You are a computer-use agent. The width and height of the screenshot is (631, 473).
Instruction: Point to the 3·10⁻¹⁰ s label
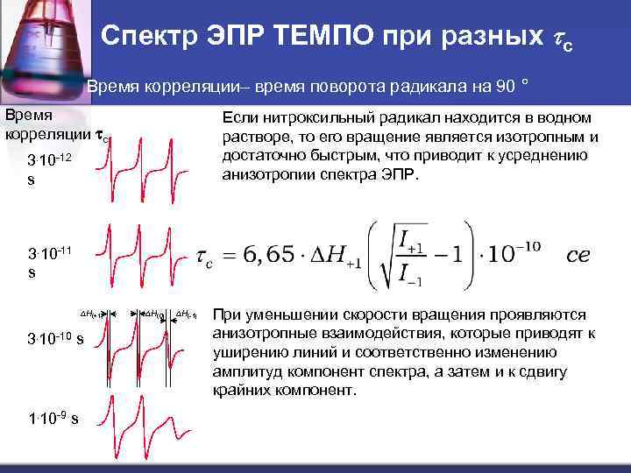point(55,338)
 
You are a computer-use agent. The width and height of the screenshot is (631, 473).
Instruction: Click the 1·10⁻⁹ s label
point(53,418)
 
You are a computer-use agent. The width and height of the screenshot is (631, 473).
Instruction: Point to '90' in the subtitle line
point(506,87)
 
